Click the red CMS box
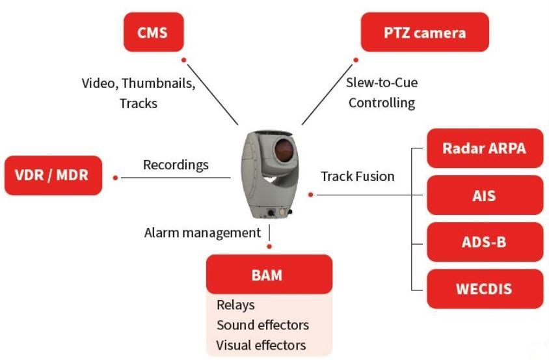(154, 31)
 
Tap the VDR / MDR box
(53, 176)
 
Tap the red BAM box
(269, 274)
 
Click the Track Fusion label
(358, 176)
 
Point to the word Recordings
(176, 165)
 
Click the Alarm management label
(202, 232)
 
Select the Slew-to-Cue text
(381, 83)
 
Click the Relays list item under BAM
(235, 305)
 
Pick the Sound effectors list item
(262, 324)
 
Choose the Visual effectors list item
(261, 344)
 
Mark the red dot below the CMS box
(184, 61)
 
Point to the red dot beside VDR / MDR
(116, 177)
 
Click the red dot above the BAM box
(269, 247)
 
